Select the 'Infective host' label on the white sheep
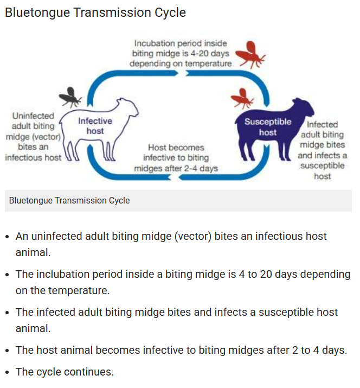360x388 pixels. click(x=95, y=126)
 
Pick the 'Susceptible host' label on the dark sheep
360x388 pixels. click(x=267, y=127)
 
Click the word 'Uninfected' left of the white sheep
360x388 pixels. click(x=33, y=116)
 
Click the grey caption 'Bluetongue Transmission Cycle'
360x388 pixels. click(x=69, y=200)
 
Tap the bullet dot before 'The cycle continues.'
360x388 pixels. click(x=7, y=373)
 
